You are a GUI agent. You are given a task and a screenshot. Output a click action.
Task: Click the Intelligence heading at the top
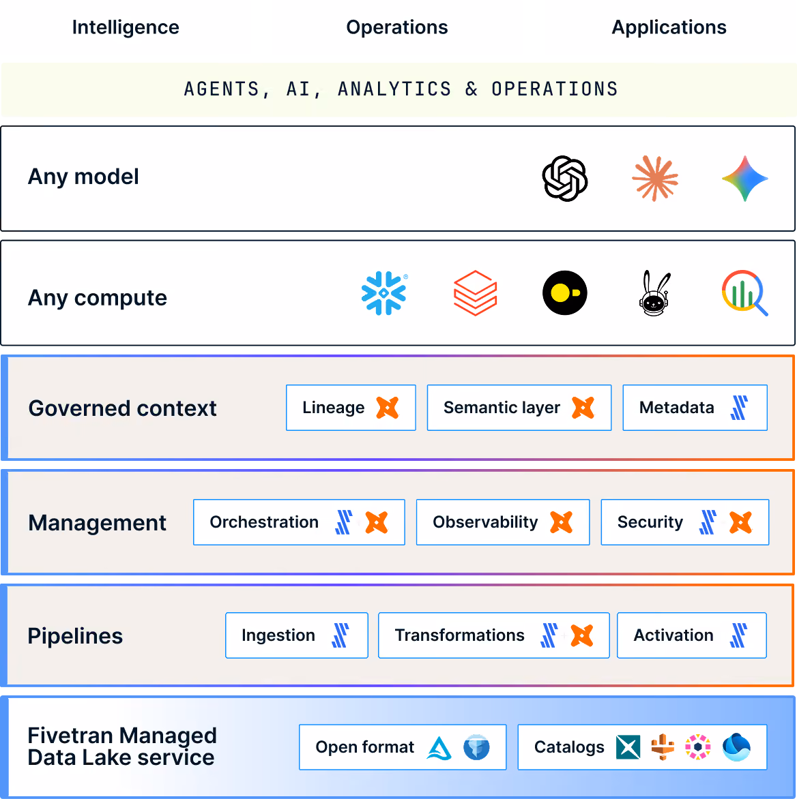(126, 27)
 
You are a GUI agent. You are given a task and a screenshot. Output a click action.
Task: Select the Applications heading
(669, 27)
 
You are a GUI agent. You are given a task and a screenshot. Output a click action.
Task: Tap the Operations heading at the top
(396, 27)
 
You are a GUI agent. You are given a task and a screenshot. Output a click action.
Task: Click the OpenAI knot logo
(564, 179)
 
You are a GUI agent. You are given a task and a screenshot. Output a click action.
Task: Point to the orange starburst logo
(655, 179)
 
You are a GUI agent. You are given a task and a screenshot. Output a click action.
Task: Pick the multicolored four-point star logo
(745, 179)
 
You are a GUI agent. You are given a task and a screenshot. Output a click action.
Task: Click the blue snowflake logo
(384, 293)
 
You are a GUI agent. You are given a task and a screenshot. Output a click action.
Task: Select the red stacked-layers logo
(475, 293)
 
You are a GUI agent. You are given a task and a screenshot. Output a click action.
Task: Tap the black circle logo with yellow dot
(564, 293)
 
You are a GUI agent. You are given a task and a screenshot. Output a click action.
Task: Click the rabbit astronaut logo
(655, 294)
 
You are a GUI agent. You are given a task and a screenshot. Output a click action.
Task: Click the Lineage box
(351, 408)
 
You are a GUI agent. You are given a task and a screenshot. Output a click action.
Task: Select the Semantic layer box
(519, 408)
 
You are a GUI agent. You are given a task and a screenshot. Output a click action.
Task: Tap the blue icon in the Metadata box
(739, 408)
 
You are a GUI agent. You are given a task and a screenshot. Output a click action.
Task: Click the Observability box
(503, 522)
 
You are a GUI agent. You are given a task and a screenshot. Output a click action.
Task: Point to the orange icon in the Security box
(740, 522)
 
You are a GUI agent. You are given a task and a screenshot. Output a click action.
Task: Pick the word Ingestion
(278, 636)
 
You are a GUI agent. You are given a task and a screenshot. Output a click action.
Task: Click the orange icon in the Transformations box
(582, 635)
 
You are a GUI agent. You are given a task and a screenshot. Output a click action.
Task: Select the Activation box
(692, 635)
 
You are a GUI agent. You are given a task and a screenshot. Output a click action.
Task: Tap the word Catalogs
(569, 748)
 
